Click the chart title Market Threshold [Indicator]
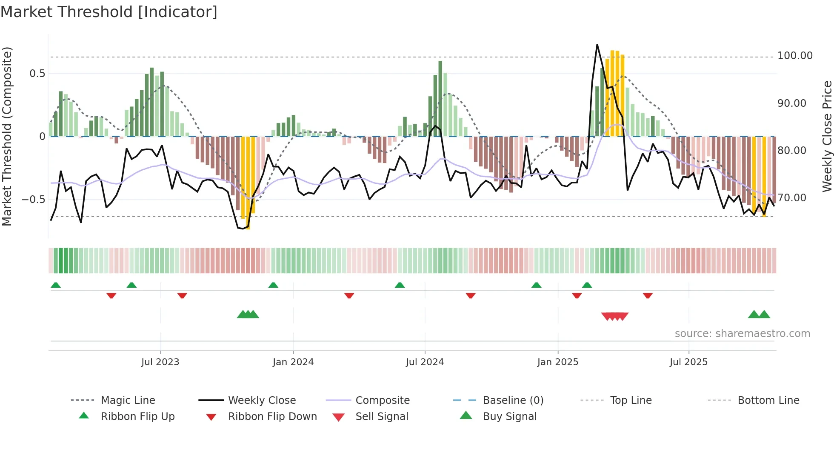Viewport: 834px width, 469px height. (109, 12)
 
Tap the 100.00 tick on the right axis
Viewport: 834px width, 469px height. (794, 56)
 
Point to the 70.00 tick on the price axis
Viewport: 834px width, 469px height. (791, 198)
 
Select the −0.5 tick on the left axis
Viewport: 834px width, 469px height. (33, 200)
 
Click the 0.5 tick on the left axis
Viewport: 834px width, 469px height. (37, 74)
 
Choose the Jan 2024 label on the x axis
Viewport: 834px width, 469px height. (293, 362)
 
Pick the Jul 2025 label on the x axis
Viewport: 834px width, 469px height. (688, 362)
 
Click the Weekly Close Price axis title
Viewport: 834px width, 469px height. (827, 136)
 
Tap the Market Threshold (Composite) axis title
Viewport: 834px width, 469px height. (7, 136)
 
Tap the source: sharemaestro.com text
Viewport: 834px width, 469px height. (742, 334)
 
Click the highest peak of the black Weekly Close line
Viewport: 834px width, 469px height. (597, 45)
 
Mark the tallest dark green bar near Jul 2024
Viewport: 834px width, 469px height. (440, 98)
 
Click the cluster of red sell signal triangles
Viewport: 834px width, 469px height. (614, 316)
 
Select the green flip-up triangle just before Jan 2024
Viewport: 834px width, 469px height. (273, 285)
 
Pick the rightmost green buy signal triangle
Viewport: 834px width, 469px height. (764, 315)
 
